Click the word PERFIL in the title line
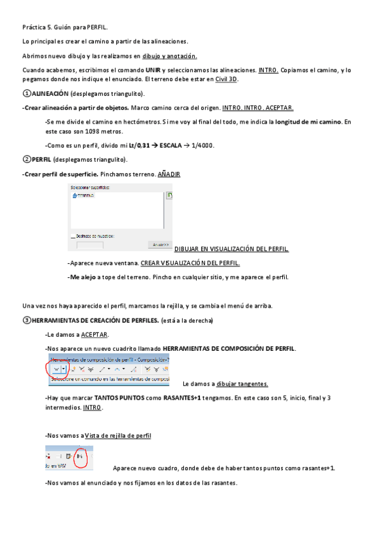(96, 28)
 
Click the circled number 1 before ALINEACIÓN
(25, 93)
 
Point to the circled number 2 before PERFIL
(25, 159)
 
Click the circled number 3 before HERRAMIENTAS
(25, 320)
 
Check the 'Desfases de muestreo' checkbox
(74, 235)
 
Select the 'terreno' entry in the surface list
(84, 196)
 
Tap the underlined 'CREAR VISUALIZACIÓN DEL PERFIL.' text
(190, 263)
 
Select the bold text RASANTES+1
(183, 398)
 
